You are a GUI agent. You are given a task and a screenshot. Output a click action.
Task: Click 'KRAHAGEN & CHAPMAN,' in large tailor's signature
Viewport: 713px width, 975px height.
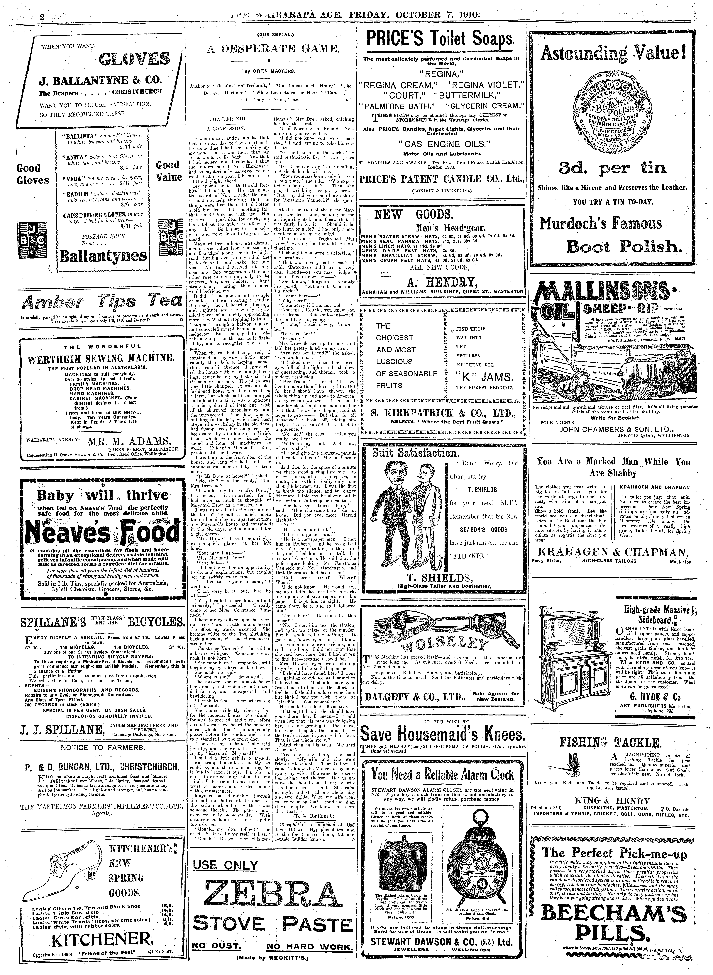coord(612,552)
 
